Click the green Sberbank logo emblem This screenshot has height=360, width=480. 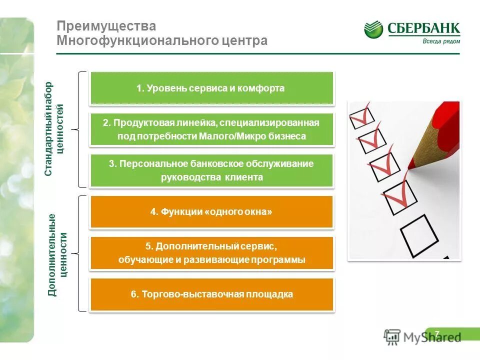373,29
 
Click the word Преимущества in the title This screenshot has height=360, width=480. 106,25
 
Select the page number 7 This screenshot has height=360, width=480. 437,333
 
